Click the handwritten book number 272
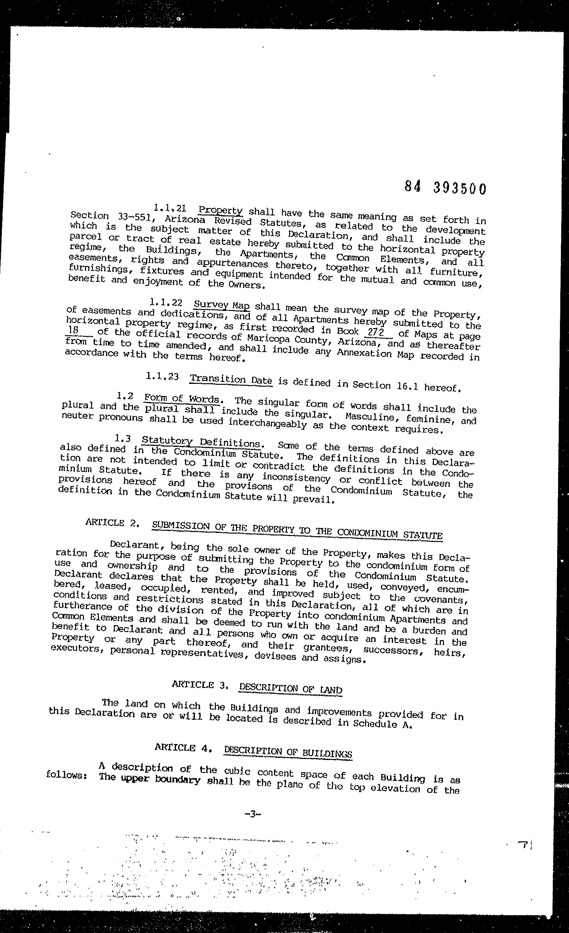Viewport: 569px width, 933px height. click(376, 332)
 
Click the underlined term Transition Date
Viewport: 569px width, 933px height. click(231, 379)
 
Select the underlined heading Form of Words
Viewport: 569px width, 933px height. click(182, 399)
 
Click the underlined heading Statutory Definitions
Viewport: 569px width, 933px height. click(201, 442)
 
